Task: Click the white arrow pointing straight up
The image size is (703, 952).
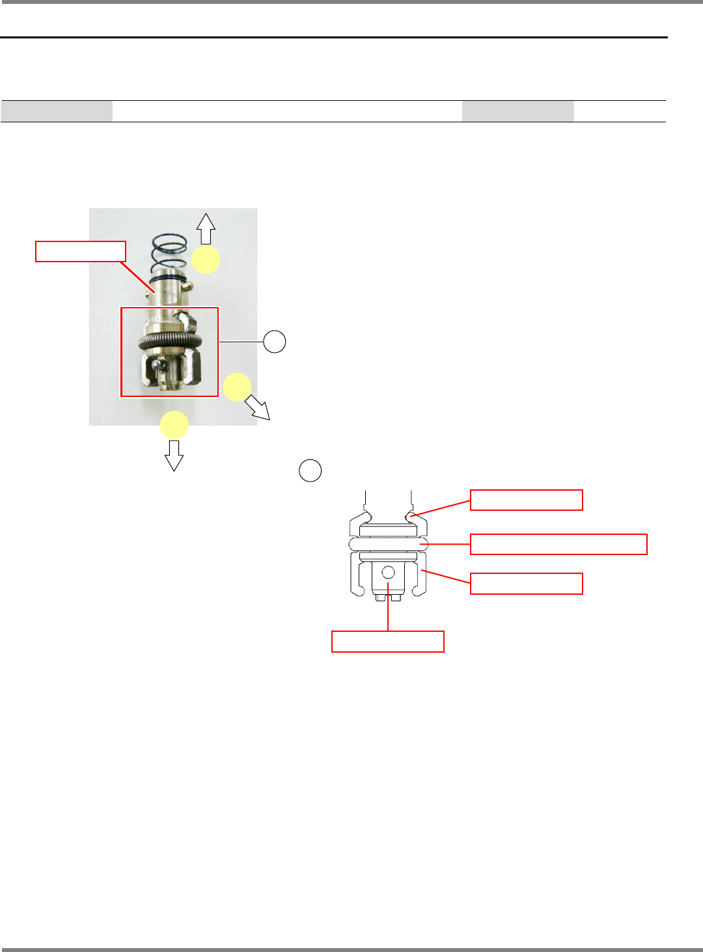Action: [206, 228]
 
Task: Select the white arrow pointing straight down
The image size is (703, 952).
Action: [174, 455]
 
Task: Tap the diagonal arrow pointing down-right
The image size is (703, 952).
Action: [258, 409]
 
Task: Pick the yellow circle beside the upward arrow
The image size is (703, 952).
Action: [206, 260]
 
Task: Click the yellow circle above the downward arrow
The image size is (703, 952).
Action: [174, 425]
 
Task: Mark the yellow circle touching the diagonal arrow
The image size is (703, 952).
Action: [237, 387]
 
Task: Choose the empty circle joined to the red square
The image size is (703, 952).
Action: [275, 341]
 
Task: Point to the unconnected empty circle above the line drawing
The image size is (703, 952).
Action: [310, 470]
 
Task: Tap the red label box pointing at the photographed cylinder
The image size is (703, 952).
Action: [81, 251]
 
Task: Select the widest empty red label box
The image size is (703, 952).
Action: [558, 544]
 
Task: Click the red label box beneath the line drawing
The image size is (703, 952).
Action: [388, 642]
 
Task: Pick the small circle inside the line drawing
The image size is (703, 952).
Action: [389, 573]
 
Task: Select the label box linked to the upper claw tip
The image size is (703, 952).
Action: [526, 500]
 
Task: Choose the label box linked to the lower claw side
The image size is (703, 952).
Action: [526, 584]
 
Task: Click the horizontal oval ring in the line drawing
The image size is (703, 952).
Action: [388, 544]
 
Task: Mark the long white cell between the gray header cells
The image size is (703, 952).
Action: [287, 111]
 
